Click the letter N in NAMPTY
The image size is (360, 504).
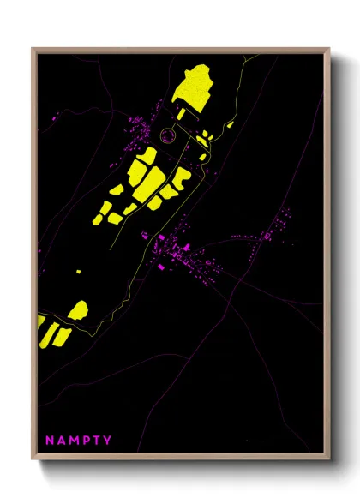(50, 441)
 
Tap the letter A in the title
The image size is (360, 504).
(61, 441)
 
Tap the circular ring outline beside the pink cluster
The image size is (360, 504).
(168, 134)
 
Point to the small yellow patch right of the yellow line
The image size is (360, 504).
(229, 124)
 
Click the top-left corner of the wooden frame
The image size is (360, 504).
(33, 49)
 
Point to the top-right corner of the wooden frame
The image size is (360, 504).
(329, 49)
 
